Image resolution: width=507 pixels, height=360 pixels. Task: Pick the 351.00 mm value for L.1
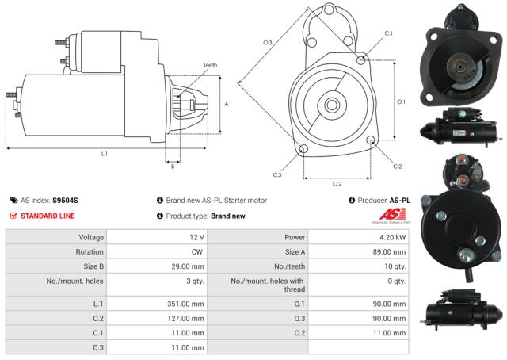(187, 304)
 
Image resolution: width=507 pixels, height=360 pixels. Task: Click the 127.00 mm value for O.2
(187, 319)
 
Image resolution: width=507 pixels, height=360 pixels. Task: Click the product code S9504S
(66, 201)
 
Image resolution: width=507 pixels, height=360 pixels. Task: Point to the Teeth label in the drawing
(209, 65)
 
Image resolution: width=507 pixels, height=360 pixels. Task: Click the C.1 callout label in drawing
(388, 33)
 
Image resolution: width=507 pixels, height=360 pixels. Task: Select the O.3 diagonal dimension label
(268, 42)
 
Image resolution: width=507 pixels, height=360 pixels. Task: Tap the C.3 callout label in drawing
(277, 174)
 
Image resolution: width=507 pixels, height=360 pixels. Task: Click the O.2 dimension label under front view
(337, 183)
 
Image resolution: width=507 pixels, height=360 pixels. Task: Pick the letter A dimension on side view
(227, 104)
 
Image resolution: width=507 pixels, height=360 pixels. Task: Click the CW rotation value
(199, 252)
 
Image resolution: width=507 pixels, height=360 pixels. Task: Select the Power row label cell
(294, 238)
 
